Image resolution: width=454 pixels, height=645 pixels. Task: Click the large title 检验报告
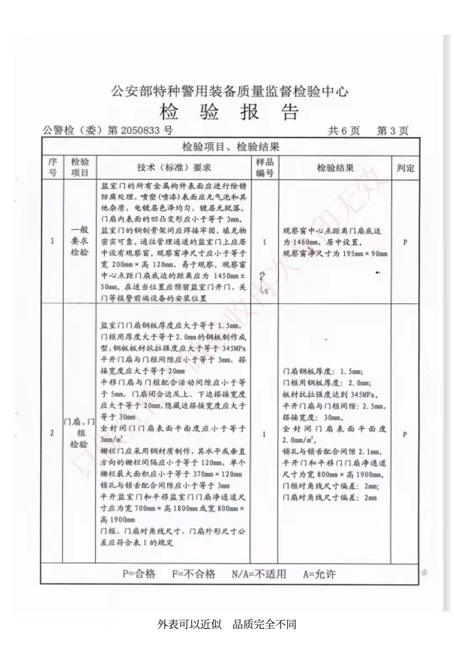[x=229, y=112]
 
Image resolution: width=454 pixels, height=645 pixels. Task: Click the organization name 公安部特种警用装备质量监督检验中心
[x=230, y=91]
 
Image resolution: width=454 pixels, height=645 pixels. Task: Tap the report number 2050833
[x=140, y=130]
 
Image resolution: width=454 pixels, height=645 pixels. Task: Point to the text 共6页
[x=343, y=131]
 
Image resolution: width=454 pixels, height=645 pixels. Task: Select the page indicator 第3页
[x=392, y=131]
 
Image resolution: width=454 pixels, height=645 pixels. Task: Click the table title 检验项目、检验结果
[x=230, y=147]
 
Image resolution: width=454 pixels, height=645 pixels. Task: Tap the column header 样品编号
[x=264, y=167]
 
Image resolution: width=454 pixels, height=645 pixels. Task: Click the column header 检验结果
[x=335, y=168]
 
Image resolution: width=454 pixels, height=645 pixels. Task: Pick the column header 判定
[x=405, y=168]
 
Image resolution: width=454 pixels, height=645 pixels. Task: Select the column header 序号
[x=53, y=167]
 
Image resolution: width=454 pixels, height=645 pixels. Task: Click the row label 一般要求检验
[x=79, y=241]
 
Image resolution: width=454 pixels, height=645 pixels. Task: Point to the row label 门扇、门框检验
[x=79, y=433]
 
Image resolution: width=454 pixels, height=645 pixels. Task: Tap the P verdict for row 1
[x=405, y=242]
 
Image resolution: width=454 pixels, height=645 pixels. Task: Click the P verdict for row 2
[x=405, y=434]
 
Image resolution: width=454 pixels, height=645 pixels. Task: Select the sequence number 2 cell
[x=52, y=433]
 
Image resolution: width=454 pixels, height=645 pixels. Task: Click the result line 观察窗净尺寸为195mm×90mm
[x=335, y=254]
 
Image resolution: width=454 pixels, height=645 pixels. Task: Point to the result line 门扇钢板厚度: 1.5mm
[x=323, y=372]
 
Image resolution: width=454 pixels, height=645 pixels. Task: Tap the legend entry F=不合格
[x=193, y=574]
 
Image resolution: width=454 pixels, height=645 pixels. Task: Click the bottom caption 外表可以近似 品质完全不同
[x=227, y=624]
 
